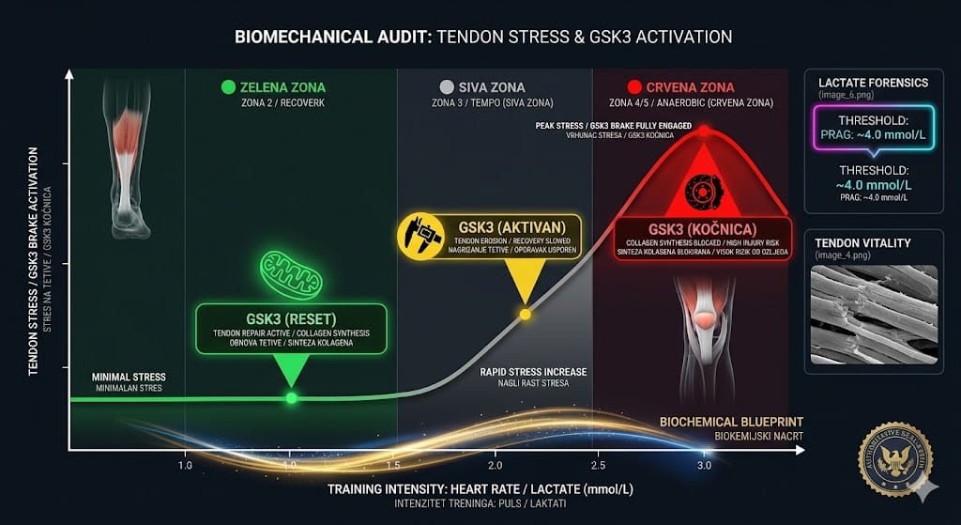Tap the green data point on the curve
click(291, 398)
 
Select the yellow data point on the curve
click(526, 314)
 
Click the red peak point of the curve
click(704, 131)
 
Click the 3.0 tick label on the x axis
click(704, 465)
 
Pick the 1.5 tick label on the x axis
click(392, 465)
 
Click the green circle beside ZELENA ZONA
click(227, 87)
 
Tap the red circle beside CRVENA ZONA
click(634, 87)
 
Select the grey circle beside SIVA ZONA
click(446, 87)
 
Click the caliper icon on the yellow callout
click(420, 236)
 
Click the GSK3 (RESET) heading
click(291, 317)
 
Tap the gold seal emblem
click(894, 459)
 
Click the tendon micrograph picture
click(874, 315)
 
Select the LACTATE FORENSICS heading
click(874, 84)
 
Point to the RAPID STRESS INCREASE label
click(533, 372)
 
